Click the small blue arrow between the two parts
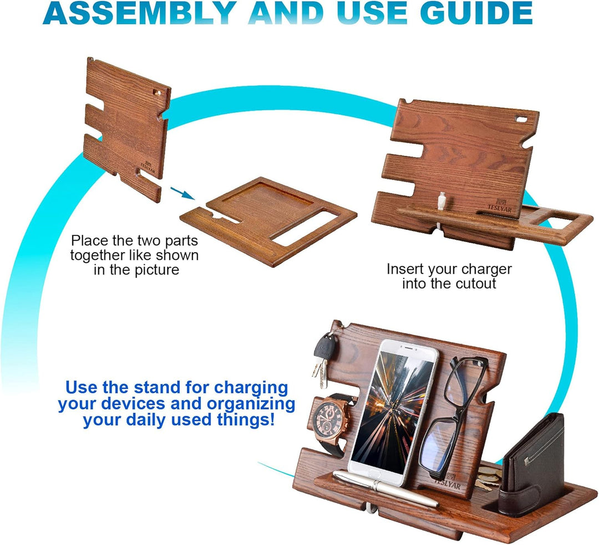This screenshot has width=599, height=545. coord(182,193)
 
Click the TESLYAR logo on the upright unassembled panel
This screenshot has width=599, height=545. coord(148,167)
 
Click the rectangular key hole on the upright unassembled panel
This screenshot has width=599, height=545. coord(156,92)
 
